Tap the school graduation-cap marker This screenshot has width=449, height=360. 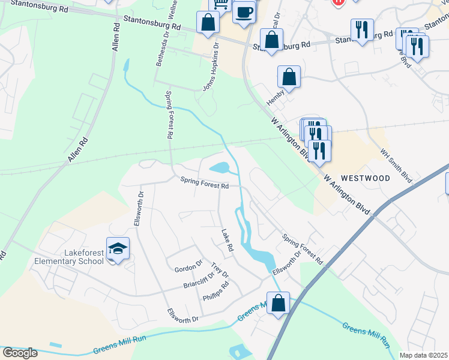coord(118,248)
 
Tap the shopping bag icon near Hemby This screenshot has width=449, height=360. coord(289,77)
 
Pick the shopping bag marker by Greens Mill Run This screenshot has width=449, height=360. coord(278,303)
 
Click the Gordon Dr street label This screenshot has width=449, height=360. coord(188,268)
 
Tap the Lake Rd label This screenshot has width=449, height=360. coord(226,239)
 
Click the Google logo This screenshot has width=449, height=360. coord(20,352)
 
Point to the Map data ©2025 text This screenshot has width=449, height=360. coord(423,355)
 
